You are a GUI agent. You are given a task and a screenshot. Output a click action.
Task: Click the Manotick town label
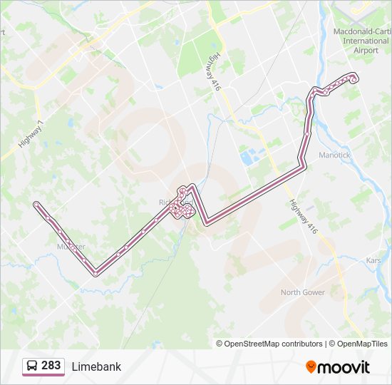click(334, 155)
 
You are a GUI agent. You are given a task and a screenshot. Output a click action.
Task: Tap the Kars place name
click(372, 260)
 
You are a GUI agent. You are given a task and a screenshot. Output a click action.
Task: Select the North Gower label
click(302, 292)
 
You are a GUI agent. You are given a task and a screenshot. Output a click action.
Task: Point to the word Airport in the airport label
click(366, 51)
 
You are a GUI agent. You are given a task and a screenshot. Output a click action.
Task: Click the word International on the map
click(366, 41)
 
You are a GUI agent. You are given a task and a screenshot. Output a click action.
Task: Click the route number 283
click(51, 366)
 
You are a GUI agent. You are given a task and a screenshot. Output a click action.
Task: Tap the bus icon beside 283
click(33, 366)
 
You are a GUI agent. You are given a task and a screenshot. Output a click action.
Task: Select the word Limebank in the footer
click(96, 366)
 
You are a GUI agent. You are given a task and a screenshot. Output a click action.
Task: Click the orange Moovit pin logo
click(311, 366)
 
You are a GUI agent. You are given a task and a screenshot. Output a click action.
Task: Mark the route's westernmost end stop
click(36, 205)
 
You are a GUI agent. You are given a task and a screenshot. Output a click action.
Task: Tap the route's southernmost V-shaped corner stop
click(96, 272)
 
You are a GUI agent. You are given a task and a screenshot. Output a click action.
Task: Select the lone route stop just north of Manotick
click(307, 133)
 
